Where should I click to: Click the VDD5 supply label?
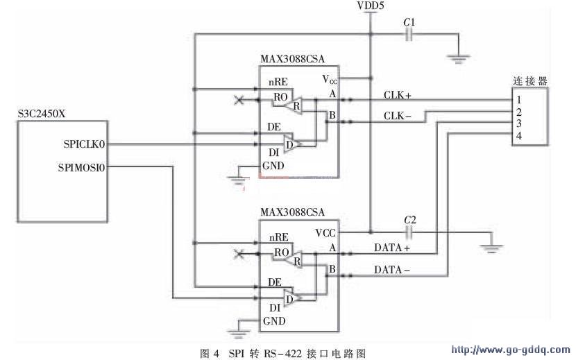tap(371, 6)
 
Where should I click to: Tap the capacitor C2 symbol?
tap(409, 232)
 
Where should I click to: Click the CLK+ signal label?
tap(397, 94)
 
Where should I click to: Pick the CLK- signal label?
tap(397, 117)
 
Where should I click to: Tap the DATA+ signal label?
tap(392, 248)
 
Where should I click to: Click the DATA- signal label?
tap(393, 270)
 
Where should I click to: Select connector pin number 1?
tap(518, 100)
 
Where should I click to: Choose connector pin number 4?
tap(518, 135)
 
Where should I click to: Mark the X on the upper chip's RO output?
tap(239, 101)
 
